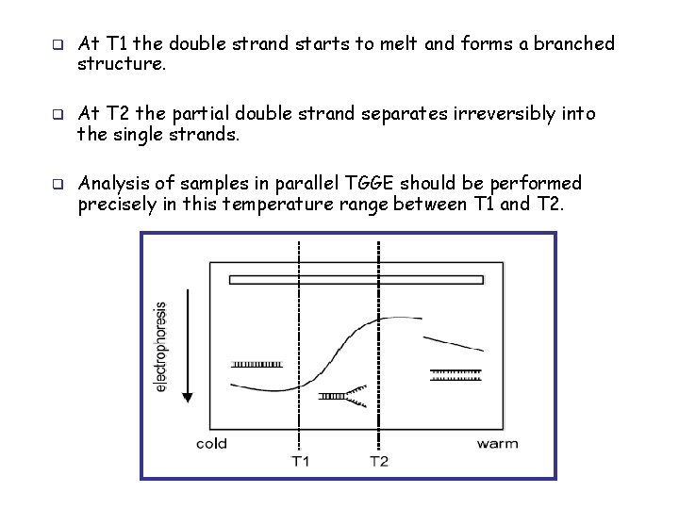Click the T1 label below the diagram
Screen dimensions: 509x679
(299, 461)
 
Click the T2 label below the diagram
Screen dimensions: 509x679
(378, 461)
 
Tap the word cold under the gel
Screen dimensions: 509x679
(211, 443)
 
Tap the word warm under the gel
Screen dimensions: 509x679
(497, 443)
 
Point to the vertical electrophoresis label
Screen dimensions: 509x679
(161, 346)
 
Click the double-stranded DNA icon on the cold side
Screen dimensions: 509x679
(257, 363)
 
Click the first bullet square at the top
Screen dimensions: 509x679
(57, 44)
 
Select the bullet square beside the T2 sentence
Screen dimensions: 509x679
(57, 115)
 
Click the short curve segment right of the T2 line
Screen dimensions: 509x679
(454, 341)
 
